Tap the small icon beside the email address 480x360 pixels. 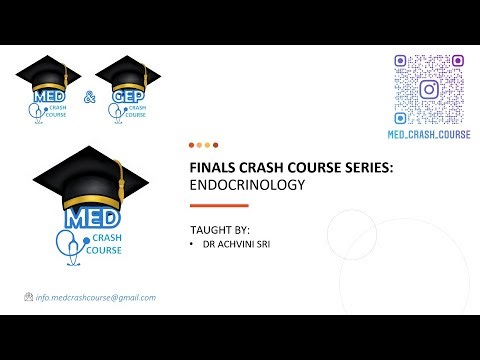coord(28,298)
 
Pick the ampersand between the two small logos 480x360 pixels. coord(88,98)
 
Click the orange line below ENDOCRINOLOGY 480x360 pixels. coord(219,204)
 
